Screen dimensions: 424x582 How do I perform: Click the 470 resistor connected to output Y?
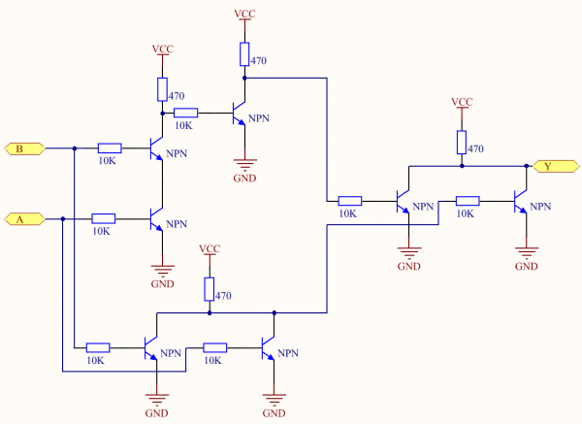463,143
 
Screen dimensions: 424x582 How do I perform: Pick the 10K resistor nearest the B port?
110,148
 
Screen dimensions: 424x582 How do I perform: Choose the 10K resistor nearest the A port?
103,218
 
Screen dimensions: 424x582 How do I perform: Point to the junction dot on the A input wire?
62,218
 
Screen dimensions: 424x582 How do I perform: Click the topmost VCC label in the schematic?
244,14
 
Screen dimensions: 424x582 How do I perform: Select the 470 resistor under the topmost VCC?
244,53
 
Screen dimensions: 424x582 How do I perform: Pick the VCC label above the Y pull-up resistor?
463,102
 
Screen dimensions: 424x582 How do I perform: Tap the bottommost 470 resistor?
209,288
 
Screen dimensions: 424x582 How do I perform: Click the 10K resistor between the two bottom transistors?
214,346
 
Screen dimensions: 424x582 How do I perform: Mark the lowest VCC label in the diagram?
209,249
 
